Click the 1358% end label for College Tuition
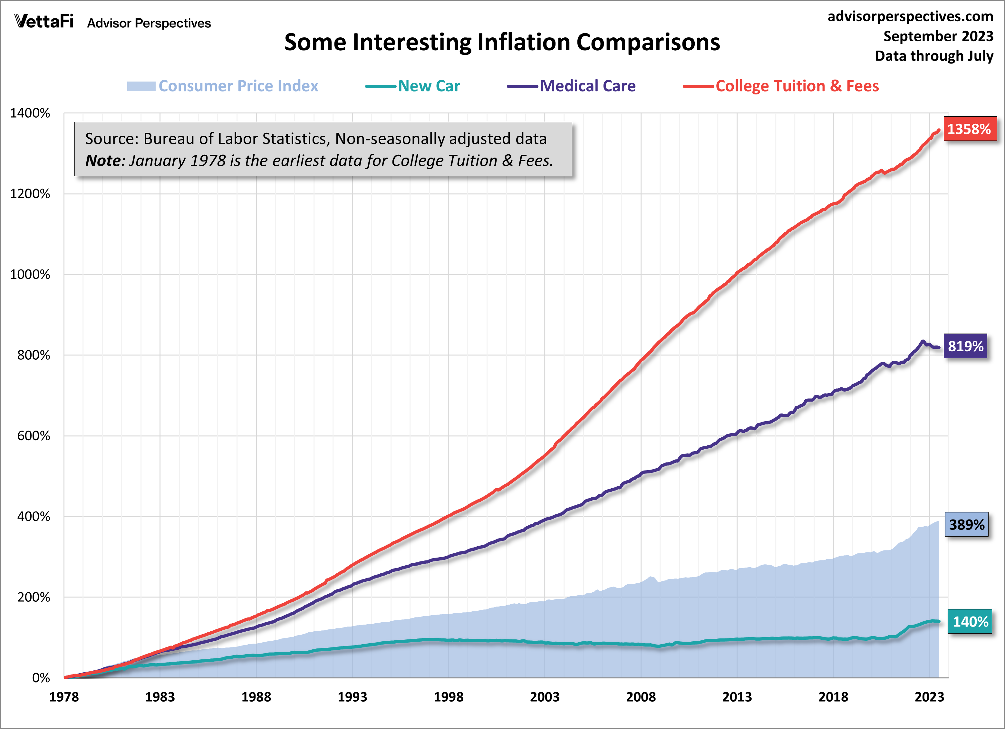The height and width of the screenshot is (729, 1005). tap(970, 129)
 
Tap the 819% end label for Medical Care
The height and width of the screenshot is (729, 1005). tap(965, 346)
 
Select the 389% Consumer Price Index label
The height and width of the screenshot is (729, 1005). tap(966, 525)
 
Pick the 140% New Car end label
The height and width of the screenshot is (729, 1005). tap(970, 622)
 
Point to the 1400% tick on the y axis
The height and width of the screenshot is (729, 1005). tap(30, 113)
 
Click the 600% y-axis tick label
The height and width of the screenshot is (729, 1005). tap(34, 436)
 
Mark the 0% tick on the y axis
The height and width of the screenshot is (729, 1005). tap(41, 677)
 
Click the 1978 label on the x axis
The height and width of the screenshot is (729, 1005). tap(64, 697)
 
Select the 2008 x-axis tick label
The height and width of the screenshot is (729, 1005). tap(641, 697)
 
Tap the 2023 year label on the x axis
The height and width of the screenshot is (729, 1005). tap(929, 697)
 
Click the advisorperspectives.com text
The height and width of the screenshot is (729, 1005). tap(910, 16)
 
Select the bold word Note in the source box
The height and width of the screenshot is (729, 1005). tap(103, 160)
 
